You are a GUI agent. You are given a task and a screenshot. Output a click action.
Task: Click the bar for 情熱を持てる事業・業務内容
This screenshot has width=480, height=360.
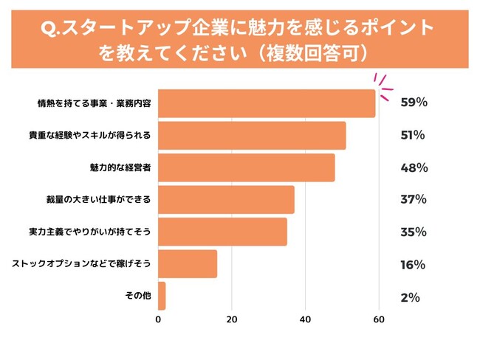click(x=266, y=103)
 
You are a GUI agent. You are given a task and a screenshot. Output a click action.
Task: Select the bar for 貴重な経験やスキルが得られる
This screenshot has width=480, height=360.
click(x=251, y=136)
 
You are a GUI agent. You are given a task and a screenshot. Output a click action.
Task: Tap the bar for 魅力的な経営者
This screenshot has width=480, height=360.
click(x=246, y=167)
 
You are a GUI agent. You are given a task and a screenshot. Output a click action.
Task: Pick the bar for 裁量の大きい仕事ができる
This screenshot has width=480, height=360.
click(x=226, y=200)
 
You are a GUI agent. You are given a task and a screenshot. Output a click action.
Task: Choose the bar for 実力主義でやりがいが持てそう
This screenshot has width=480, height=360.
click(x=222, y=232)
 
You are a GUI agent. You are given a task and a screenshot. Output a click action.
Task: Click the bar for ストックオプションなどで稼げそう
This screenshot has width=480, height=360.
click(x=188, y=264)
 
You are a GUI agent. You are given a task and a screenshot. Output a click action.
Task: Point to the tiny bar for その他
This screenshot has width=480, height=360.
click(x=162, y=296)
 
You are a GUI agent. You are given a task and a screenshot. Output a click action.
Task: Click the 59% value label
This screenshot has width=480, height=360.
click(x=414, y=103)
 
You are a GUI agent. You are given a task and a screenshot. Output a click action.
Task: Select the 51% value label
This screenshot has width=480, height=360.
click(x=413, y=136)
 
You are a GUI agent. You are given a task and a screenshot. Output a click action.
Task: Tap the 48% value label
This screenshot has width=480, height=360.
click(x=414, y=167)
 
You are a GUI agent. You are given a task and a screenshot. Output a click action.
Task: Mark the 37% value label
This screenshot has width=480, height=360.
click(x=414, y=200)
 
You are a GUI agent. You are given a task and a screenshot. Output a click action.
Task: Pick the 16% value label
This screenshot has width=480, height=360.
click(x=413, y=264)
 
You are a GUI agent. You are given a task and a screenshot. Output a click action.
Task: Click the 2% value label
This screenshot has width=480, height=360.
click(x=410, y=297)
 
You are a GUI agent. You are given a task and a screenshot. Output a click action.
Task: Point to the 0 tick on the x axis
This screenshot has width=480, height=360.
click(x=158, y=319)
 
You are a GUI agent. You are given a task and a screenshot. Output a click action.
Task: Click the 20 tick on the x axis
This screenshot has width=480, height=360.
click(x=231, y=319)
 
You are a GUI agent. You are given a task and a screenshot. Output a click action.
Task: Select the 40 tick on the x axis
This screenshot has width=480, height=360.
click(x=305, y=319)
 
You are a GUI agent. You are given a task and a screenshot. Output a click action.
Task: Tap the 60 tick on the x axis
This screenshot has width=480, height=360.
click(x=378, y=319)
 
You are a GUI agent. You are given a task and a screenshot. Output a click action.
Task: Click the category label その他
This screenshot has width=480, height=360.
click(x=139, y=296)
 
